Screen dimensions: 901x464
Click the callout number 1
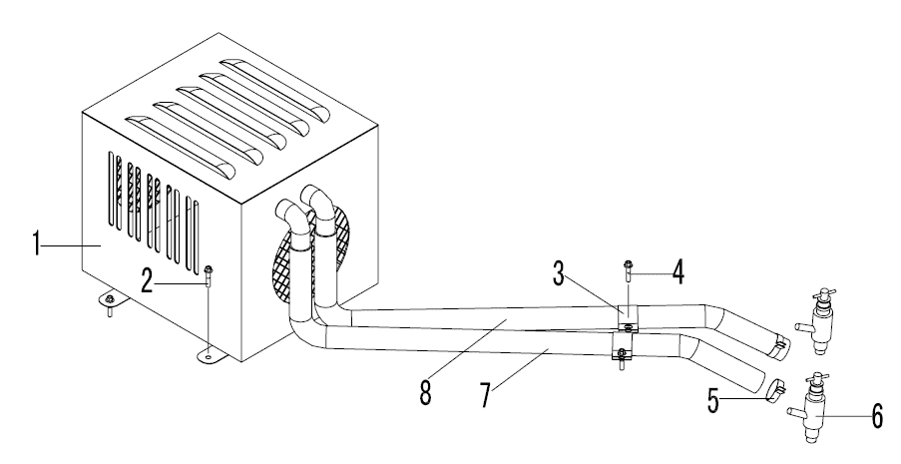(36, 243)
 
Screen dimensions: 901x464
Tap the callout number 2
(148, 281)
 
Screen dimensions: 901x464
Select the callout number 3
(559, 273)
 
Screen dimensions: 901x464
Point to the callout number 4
(678, 272)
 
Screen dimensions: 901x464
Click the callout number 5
(713, 400)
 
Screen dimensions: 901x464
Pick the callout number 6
(877, 415)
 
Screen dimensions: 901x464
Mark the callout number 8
(425, 392)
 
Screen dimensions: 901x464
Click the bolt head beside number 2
(208, 268)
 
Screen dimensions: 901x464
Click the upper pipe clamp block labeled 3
(628, 315)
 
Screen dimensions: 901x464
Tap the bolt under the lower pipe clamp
(621, 361)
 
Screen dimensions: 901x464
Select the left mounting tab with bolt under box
(109, 300)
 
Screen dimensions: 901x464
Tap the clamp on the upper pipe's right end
(778, 345)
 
